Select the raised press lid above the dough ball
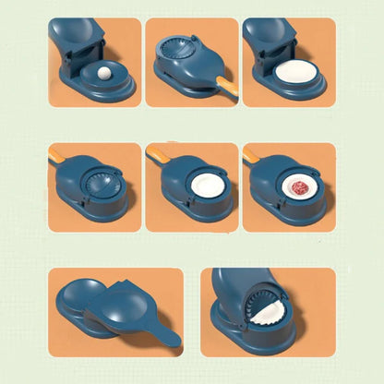pyautogui.click(x=76, y=37)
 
